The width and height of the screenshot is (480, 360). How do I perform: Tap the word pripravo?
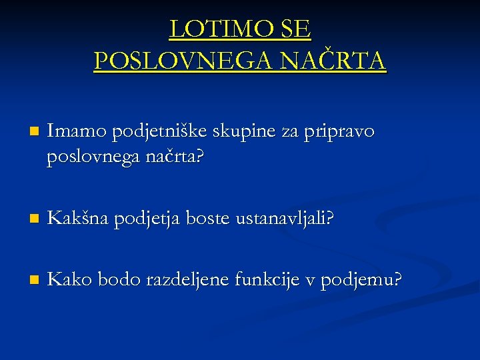point(339,132)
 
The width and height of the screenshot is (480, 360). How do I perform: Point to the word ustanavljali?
point(285,217)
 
